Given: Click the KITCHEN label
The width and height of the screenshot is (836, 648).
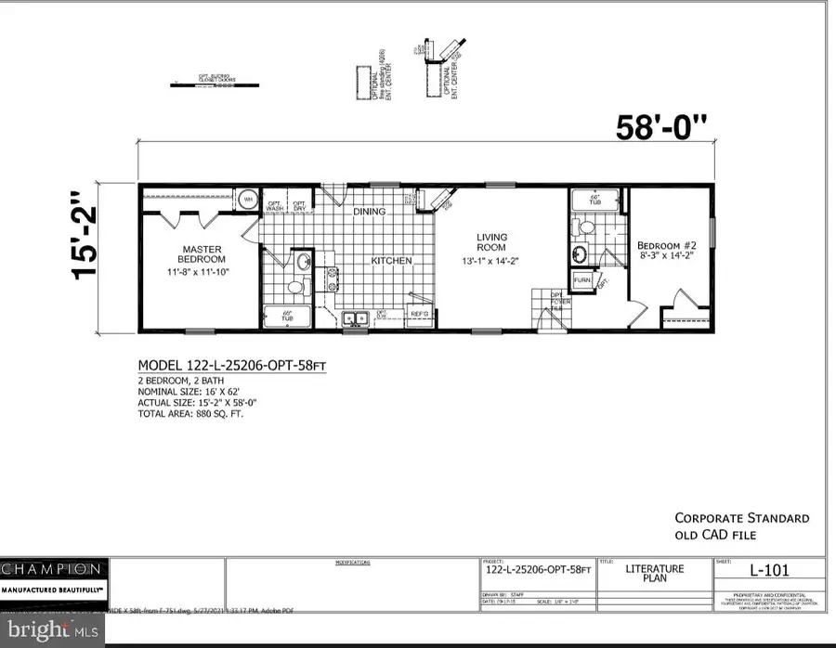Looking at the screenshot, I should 391,261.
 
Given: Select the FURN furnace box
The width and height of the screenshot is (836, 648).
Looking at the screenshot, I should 582,279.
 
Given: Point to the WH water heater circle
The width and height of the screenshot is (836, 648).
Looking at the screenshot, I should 249,198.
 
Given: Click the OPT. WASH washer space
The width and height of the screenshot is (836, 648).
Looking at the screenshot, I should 276,206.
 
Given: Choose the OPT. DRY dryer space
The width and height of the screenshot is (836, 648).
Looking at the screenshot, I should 300,206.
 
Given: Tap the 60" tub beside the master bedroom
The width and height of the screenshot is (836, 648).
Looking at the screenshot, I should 287,317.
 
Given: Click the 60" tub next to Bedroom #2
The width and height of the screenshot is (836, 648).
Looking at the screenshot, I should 594,201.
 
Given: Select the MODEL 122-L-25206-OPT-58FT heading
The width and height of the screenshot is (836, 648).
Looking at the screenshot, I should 231,366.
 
